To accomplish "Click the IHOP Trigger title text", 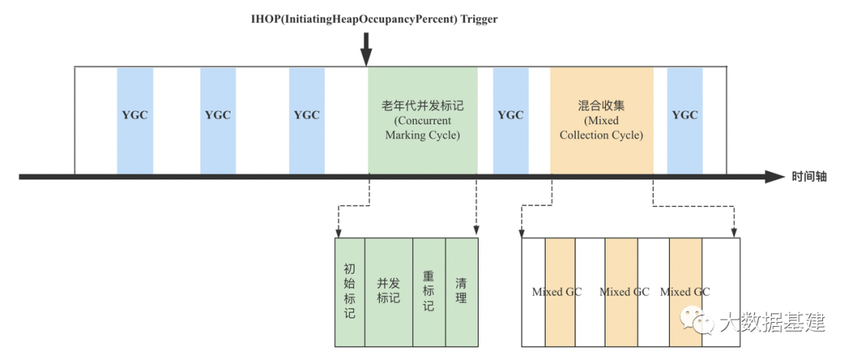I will (370, 20).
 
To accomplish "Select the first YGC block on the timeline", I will (135, 115).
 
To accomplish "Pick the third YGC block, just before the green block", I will (306, 115).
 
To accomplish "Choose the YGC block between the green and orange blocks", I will (511, 115).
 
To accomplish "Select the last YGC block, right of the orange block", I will (685, 115).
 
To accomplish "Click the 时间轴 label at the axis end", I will (810, 177).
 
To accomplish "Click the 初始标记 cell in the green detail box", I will (350, 291).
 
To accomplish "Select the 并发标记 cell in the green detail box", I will (388, 291).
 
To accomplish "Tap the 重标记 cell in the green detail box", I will (429, 291).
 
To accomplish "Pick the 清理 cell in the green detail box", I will (462, 291).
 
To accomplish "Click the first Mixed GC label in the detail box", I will (557, 292).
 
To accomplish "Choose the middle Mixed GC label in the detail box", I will (624, 292).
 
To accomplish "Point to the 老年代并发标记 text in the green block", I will (423, 105).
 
